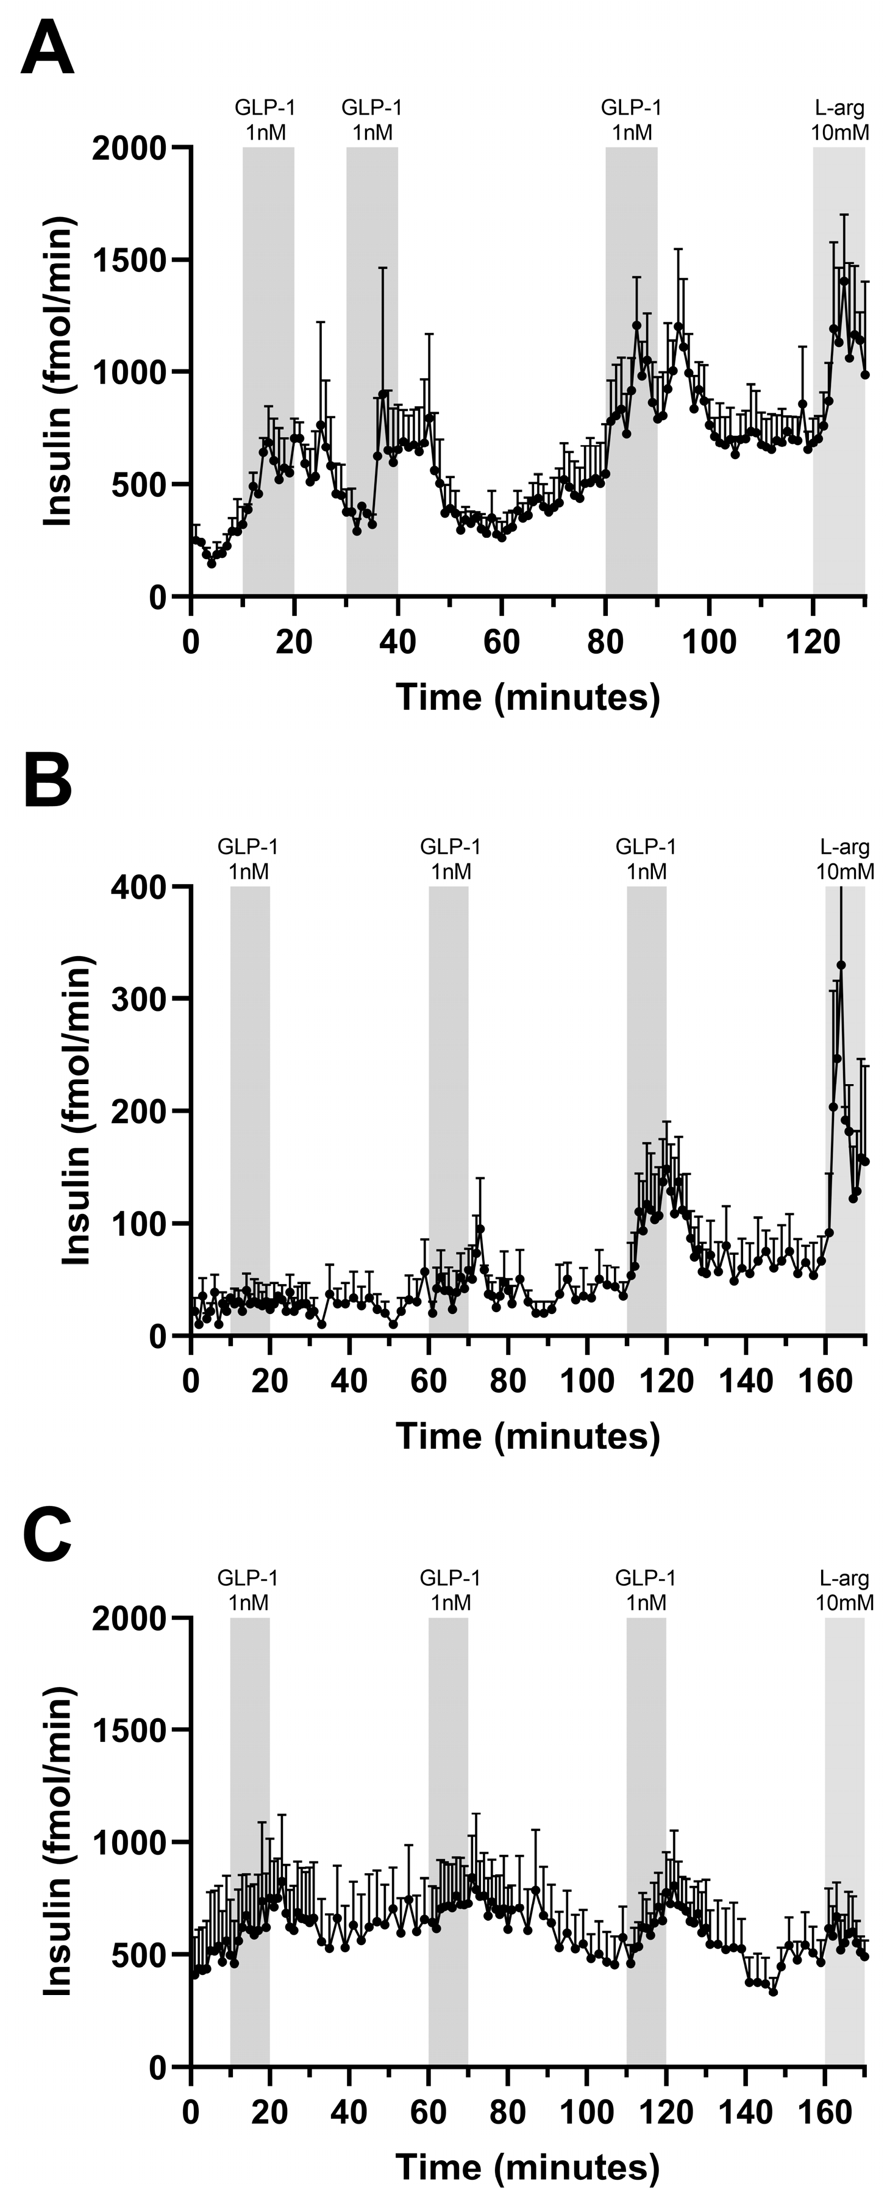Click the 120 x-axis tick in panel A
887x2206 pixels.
813,641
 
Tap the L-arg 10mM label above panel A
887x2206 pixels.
839,120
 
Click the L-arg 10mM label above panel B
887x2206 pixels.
844,859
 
